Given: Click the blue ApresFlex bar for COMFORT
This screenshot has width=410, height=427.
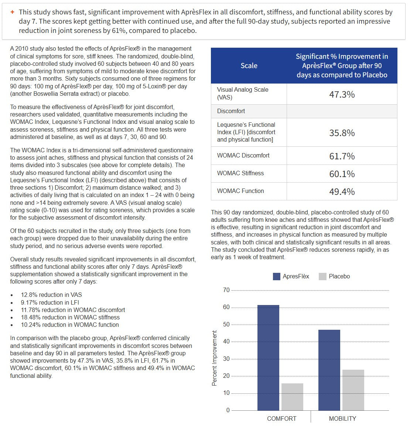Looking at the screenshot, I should [268, 357].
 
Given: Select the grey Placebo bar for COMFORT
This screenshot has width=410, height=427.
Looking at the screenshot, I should [292, 397].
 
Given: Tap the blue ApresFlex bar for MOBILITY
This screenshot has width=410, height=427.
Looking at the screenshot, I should [329, 370].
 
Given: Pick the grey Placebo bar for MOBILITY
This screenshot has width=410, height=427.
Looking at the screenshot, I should [353, 390].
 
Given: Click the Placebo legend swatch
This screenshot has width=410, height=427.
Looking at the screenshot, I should [322, 277].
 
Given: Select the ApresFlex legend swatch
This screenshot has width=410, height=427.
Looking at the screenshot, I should [277, 277].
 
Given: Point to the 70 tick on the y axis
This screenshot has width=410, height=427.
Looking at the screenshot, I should [226, 290].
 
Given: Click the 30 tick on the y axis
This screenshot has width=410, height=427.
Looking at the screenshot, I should [226, 359].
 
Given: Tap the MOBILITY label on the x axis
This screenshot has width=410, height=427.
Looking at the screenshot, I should [342, 418].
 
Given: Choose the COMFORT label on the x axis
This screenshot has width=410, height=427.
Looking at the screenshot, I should [281, 418].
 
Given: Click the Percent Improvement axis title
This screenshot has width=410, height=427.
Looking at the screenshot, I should [215, 358].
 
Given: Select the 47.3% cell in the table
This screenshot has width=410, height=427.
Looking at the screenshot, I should [342, 95].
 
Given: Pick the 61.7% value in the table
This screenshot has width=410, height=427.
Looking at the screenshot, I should [342, 156].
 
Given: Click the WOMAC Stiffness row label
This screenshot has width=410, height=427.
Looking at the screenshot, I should [240, 173].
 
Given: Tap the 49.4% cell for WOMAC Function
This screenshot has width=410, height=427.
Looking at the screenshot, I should [342, 192].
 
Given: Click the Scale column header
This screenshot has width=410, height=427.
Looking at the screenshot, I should [249, 66].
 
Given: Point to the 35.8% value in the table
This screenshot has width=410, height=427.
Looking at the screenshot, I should [342, 133].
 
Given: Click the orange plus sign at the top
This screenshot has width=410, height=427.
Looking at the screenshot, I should [12, 12].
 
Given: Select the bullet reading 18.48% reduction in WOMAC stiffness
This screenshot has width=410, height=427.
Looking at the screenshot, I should [70, 317].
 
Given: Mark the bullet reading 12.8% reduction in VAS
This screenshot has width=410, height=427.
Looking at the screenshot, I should [51, 295].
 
